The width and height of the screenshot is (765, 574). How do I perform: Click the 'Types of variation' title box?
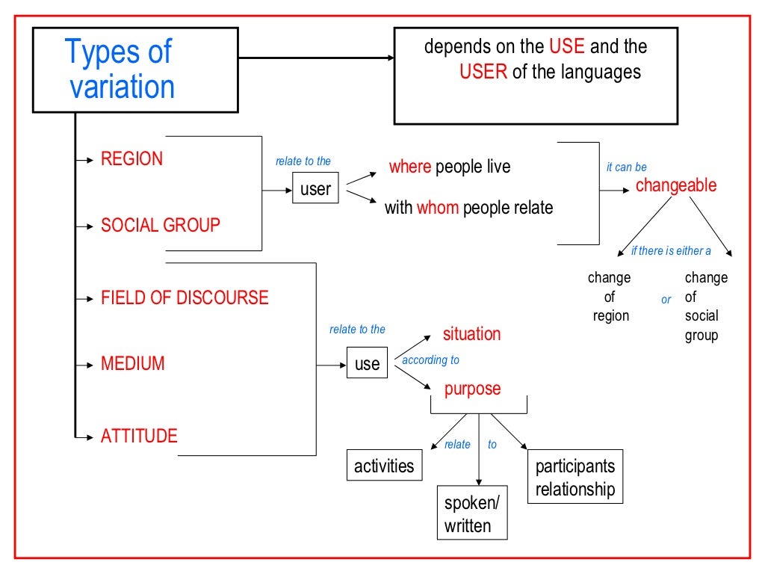[x=134, y=70]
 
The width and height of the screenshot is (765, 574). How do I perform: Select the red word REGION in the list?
[x=131, y=159]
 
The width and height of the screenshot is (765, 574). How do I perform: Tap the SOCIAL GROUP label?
[x=160, y=225]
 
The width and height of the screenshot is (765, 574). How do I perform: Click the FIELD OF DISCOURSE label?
[x=184, y=297]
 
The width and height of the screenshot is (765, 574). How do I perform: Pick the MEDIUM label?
[x=132, y=364]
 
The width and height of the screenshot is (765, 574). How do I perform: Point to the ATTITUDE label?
[x=139, y=436]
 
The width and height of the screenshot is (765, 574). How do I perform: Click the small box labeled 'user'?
[x=315, y=190]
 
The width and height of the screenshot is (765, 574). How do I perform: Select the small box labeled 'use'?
[x=367, y=364]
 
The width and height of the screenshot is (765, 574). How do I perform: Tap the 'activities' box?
[x=384, y=466]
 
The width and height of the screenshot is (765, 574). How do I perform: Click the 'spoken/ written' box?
[x=472, y=513]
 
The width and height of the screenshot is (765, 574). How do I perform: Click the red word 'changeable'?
[x=675, y=185]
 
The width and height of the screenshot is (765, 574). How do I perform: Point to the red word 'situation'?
[x=471, y=334]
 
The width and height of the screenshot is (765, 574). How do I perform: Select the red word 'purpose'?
[x=472, y=389]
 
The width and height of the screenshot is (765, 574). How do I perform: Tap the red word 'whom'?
[x=437, y=208]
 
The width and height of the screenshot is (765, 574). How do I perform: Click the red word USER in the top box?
[x=483, y=72]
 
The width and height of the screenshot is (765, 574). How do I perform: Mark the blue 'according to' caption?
[x=430, y=360]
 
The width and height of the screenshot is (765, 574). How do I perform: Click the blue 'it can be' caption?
[x=626, y=167]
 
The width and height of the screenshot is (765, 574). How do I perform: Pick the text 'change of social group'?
[x=706, y=306]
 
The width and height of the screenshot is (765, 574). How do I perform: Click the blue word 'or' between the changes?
[x=666, y=300]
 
